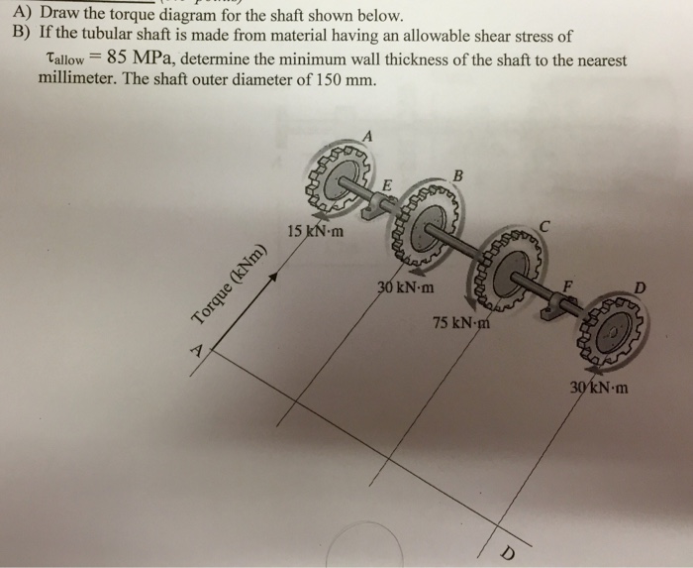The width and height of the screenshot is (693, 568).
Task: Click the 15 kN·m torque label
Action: [x=315, y=233]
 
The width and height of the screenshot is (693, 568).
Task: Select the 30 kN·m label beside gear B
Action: [x=404, y=288]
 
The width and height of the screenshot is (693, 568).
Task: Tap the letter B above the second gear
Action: [x=457, y=176]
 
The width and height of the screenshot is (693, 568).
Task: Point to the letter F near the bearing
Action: [x=567, y=286]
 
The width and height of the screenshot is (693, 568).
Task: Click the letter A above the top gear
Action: [x=368, y=134]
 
